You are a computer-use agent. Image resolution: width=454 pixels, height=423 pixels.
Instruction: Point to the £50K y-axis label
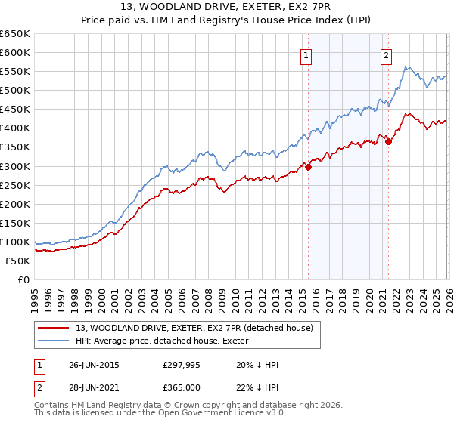17,261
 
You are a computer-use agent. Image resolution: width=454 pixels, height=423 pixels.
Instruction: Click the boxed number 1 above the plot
306,54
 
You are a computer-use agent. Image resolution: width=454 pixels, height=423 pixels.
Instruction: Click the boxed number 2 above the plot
386,54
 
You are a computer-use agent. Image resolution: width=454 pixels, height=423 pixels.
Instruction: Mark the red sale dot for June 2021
388,140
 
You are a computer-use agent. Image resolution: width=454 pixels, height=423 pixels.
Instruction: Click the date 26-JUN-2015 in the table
94,364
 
